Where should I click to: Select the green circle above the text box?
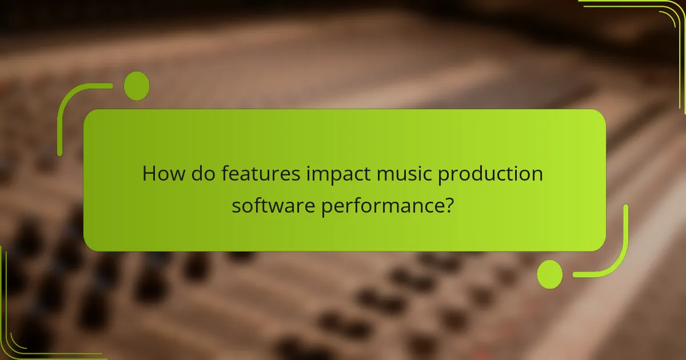[137, 86]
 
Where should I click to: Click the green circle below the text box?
[550, 274]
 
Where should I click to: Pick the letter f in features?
[225, 173]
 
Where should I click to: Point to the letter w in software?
[276, 205]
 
